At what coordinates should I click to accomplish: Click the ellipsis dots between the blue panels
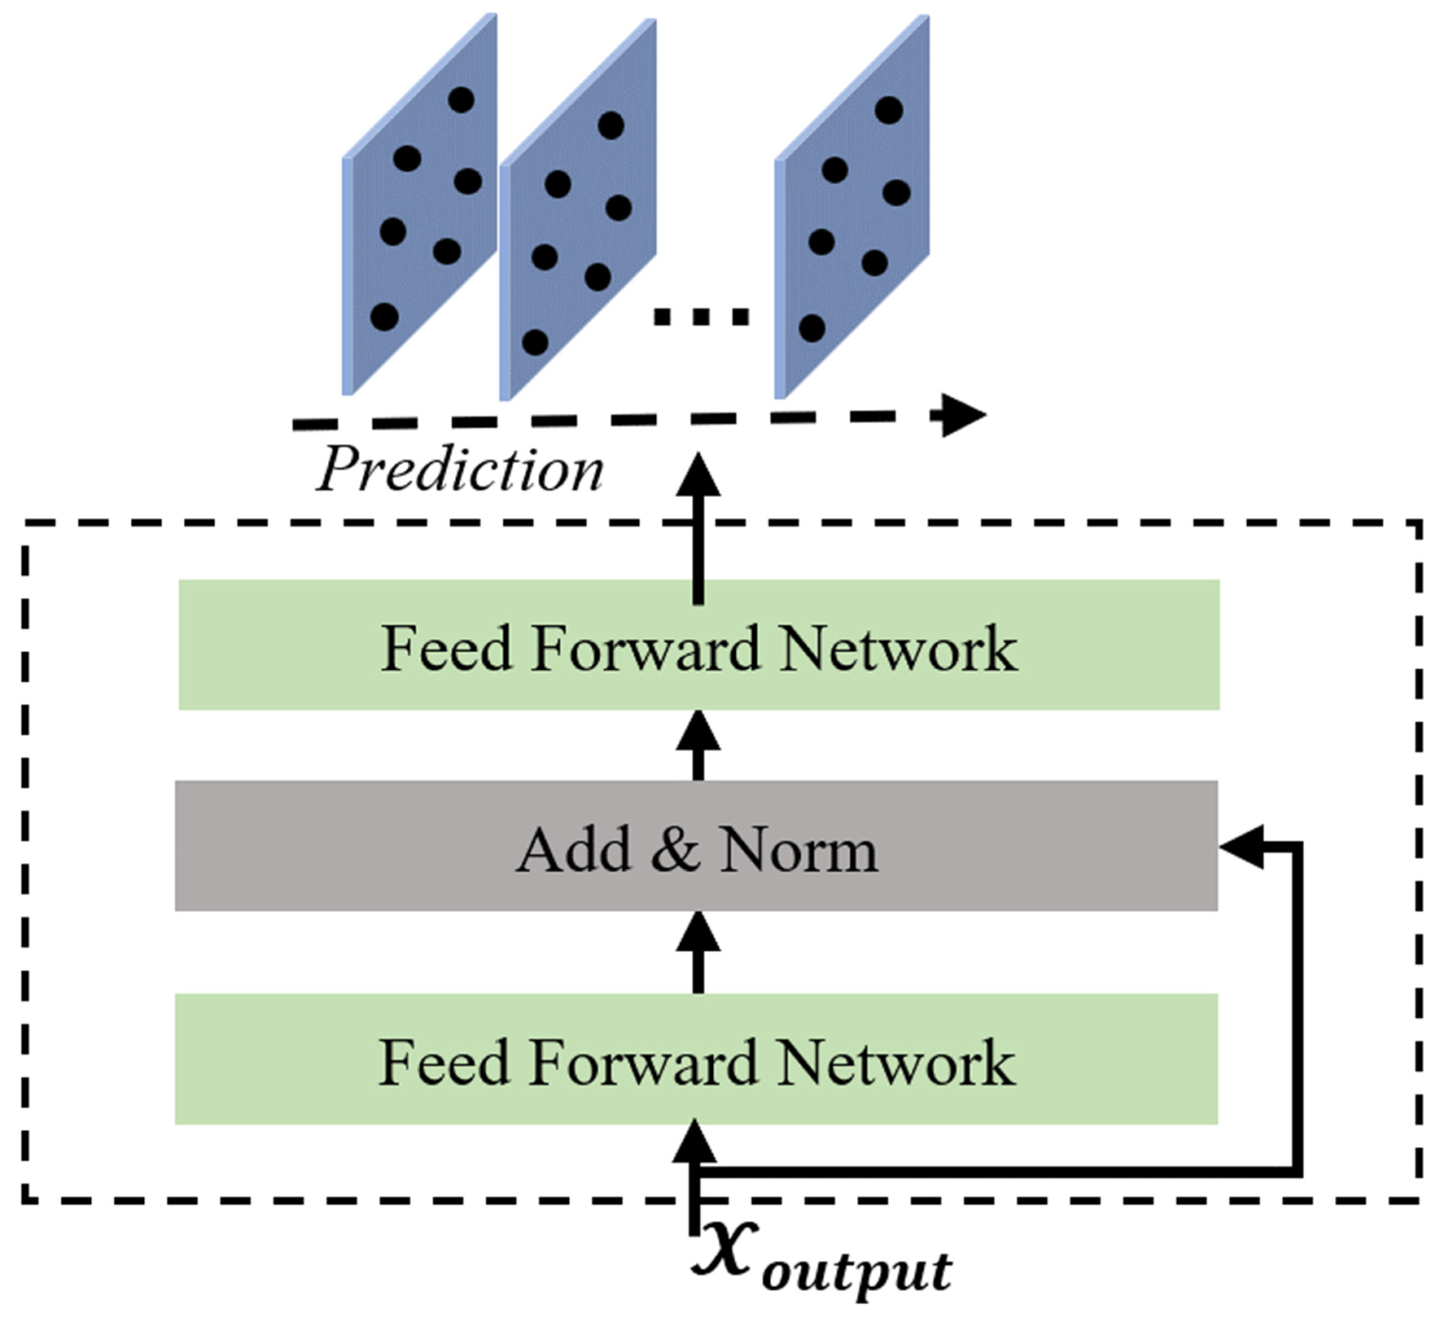[702, 316]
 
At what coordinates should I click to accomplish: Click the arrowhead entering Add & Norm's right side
[1241, 848]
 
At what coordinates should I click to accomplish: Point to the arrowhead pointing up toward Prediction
[698, 475]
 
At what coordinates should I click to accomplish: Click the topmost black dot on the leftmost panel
[461, 99]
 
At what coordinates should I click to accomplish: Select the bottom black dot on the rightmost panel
[812, 328]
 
